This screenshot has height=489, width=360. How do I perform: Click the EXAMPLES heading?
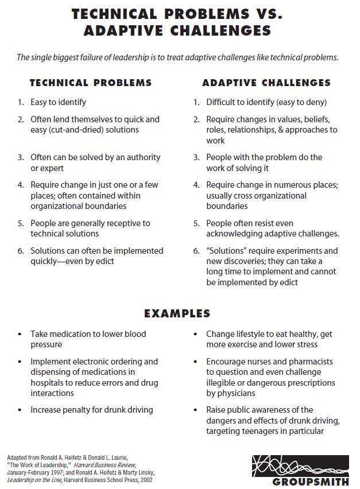coord(177,313)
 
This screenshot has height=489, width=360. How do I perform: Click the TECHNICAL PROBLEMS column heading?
coord(91,83)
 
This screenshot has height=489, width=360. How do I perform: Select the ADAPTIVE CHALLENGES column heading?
coord(266,83)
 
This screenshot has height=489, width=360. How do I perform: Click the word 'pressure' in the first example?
coord(47,345)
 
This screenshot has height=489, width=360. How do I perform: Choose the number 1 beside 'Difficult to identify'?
coord(195,102)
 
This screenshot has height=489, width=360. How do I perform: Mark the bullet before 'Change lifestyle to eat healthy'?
coord(195,334)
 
